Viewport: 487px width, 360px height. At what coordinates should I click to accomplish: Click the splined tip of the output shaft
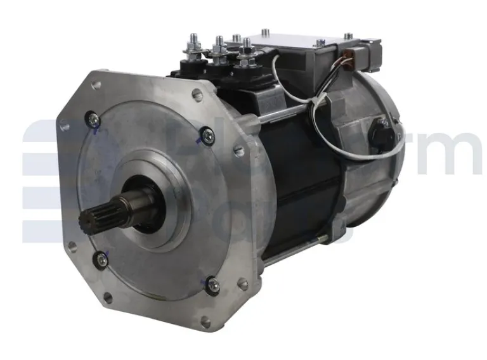tap(89, 222)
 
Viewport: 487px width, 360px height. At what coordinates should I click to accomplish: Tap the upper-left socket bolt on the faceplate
tap(93, 117)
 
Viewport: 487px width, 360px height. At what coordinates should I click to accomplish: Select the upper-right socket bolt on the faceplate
tap(206, 134)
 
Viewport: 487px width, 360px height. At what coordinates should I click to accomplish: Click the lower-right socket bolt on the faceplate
tap(214, 286)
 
